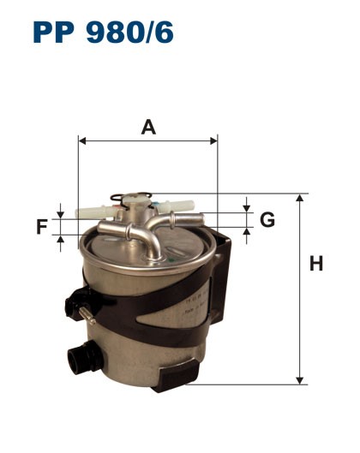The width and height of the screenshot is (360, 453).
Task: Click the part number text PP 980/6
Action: tap(104, 32)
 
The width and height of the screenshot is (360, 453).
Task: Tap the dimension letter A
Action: tap(148, 128)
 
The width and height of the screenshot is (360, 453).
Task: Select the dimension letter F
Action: tap(42, 227)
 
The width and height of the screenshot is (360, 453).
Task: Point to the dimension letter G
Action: tap(267, 220)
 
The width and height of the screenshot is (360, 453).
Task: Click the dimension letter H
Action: tap(316, 265)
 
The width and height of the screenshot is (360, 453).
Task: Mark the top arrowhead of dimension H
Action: tap(300, 198)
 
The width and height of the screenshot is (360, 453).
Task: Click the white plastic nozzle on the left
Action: tap(90, 207)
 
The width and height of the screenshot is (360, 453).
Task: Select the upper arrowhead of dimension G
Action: tap(247, 208)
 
